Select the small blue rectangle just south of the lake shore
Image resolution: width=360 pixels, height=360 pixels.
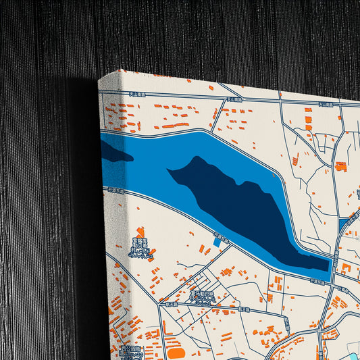coord(217,240)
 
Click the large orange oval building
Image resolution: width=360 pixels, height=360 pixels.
coord(176,353)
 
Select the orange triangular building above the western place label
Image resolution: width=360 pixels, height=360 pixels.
coord(140,232)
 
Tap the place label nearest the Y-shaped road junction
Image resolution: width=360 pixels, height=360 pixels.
coord(202,297)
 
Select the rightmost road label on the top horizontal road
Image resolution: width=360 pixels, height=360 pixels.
coord(327,105)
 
